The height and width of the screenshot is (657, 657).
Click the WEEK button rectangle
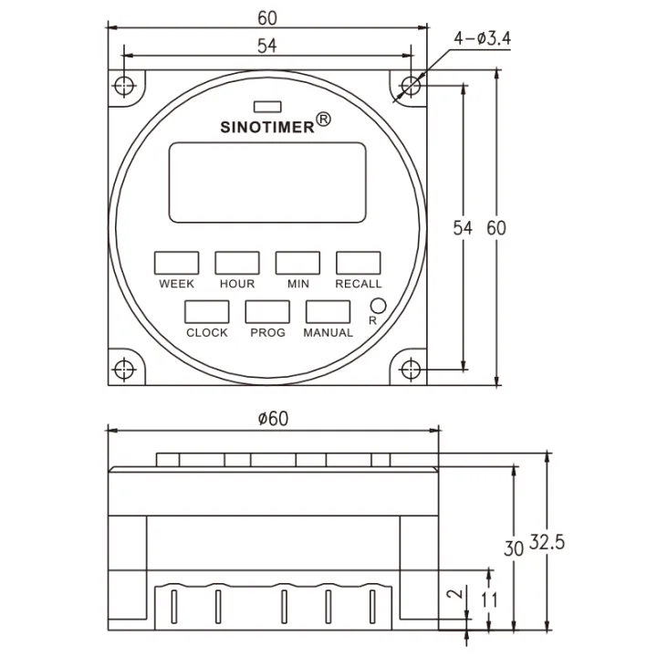tap(176, 263)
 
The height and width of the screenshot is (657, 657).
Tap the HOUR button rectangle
tap(237, 263)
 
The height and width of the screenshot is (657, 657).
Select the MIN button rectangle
tap(298, 263)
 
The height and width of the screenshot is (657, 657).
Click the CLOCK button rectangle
tap(206, 312)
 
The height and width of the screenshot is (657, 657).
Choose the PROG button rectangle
tap(267, 312)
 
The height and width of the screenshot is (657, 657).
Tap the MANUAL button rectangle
tap(328, 312)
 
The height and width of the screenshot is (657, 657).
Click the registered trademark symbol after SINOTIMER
tap(324, 120)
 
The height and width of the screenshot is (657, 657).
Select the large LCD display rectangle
tap(267, 182)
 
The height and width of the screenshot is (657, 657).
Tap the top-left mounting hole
tap(125, 87)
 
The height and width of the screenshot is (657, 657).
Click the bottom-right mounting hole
tap(411, 370)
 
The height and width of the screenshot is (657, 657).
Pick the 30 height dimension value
tap(514, 548)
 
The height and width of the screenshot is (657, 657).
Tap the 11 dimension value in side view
tap(489, 600)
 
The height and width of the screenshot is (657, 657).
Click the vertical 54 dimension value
tap(464, 228)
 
